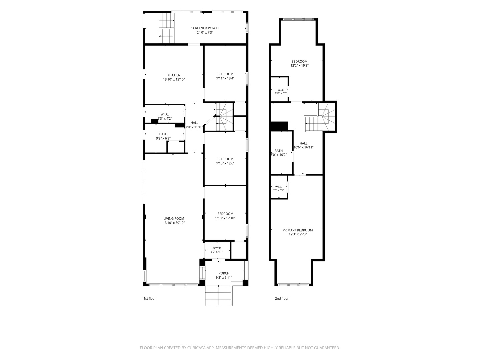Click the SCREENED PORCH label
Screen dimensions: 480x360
pos(205,28)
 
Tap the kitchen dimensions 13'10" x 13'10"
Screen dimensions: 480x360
pos(174,79)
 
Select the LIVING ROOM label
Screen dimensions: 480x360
pos(174,218)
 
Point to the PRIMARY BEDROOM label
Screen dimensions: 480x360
pos(297,230)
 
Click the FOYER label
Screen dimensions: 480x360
pos(217,248)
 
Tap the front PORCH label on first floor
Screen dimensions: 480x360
pos(224,273)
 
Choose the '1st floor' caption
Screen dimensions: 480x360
pos(150,298)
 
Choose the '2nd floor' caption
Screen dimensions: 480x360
pos(282,298)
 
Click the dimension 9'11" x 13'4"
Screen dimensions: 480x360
pos(225,78)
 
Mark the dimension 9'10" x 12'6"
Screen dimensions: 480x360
pos(225,163)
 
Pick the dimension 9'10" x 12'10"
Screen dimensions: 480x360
pos(225,218)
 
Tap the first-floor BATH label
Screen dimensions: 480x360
pos(163,134)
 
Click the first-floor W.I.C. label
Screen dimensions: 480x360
pos(165,114)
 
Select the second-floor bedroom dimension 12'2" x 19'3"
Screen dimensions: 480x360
pos(299,65)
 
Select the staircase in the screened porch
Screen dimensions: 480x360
pos(166,28)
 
